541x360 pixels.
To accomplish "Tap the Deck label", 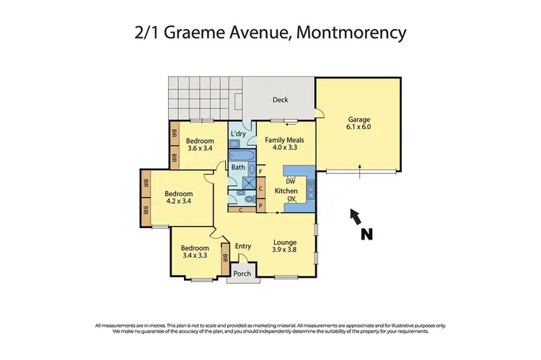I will [x=280, y=100].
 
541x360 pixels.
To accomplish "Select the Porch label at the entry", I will [x=241, y=273].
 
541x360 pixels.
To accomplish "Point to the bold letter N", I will [x=367, y=233].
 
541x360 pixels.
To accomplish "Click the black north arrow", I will [x=354, y=215].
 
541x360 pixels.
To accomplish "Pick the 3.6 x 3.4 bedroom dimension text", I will [x=201, y=149].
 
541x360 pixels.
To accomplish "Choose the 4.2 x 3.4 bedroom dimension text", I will [x=177, y=202].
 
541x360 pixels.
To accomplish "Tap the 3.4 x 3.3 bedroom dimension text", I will [x=195, y=255].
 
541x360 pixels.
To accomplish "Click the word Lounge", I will [x=285, y=242].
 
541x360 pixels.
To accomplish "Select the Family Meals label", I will [x=284, y=140].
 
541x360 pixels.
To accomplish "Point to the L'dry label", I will [x=238, y=134].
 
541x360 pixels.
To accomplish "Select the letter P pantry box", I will [x=260, y=205].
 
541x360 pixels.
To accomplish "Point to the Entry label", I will [x=243, y=247].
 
